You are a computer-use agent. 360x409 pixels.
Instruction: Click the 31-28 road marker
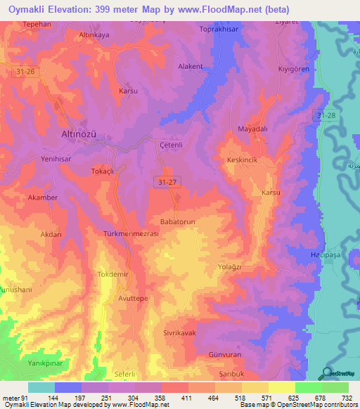326,115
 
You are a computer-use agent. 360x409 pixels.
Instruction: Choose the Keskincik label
245,160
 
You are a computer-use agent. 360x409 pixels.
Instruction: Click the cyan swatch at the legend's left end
41,387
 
